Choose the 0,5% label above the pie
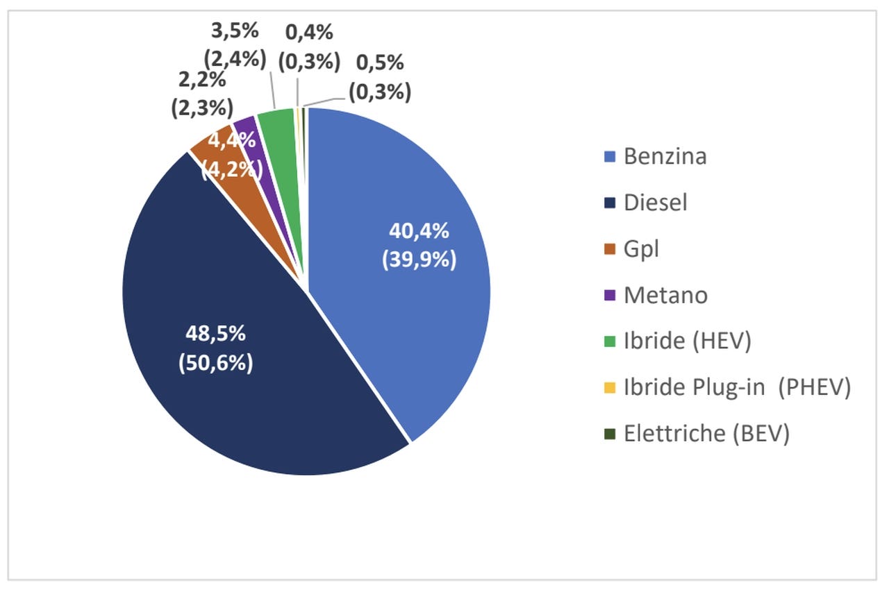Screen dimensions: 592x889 point(380,62)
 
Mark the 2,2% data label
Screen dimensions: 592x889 point(201,80)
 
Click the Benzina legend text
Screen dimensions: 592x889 point(665,156)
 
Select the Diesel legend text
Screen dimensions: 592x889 point(655,203)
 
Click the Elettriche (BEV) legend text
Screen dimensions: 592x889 point(706,434)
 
